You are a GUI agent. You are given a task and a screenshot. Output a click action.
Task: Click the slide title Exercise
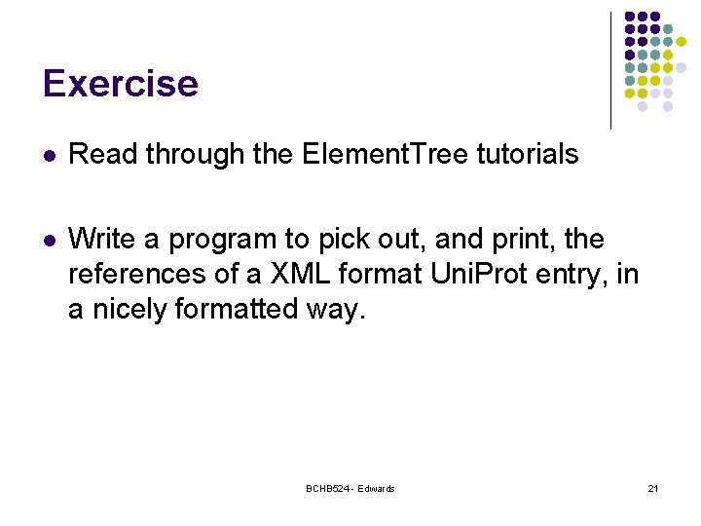pos(120,84)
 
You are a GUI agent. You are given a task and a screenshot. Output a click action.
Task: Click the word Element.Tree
pos(386,154)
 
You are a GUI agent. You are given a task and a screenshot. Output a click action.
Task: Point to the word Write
pos(98,239)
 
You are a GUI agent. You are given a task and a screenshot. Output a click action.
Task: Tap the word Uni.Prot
pos(473,274)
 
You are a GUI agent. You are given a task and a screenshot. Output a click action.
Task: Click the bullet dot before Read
pos(50,155)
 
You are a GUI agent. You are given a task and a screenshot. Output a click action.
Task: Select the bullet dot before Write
pos(50,240)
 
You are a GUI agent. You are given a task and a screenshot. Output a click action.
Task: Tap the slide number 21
pos(652,488)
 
